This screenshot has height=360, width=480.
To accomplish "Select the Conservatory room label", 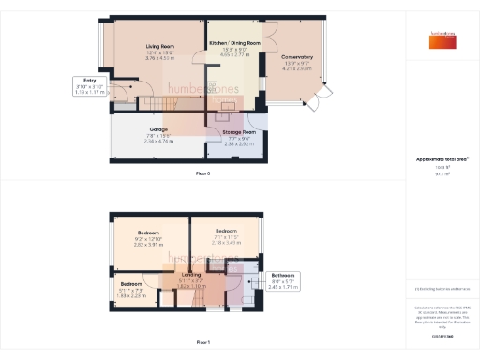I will (x=297, y=57).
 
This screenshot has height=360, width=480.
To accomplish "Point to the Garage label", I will (x=158, y=128).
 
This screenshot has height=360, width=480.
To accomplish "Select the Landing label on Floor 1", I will (x=190, y=274).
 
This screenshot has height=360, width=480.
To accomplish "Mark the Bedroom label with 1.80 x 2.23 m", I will (x=130, y=283).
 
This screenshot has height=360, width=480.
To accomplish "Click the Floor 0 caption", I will (x=202, y=174).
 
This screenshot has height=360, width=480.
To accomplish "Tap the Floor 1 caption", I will (x=202, y=342).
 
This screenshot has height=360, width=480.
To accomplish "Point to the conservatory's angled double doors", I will (x=324, y=94).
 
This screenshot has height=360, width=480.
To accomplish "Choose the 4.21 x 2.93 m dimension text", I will (x=297, y=68).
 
